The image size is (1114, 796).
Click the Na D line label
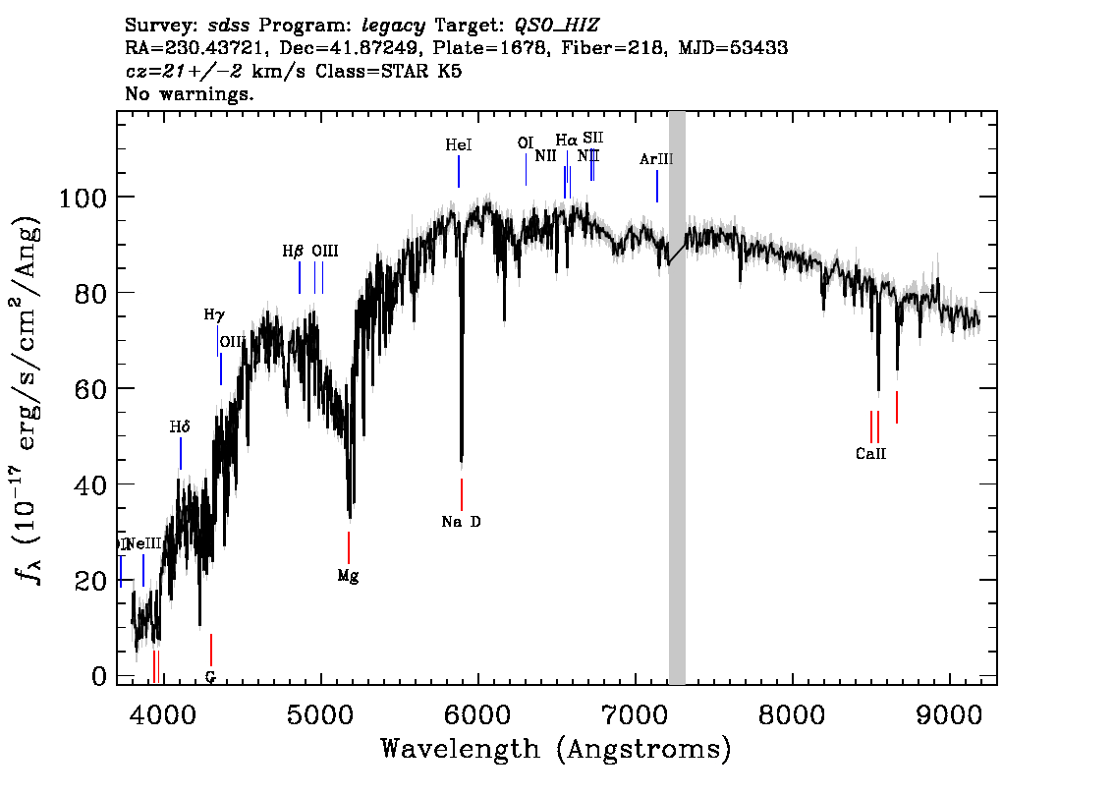[x=461, y=522]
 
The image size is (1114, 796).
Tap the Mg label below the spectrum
[x=348, y=576]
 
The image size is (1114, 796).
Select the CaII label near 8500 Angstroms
[x=870, y=454]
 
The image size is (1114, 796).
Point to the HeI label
[x=459, y=144]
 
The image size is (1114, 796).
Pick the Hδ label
[x=180, y=426]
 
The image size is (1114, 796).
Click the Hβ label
[x=293, y=252]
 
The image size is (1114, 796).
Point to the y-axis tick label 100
[x=84, y=198]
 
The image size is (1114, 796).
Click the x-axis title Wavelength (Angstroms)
[x=556, y=750]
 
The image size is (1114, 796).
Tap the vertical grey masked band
[x=677, y=393]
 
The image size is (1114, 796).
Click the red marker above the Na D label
[x=461, y=494]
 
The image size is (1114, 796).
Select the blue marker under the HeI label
[x=459, y=171]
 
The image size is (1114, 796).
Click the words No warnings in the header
[x=190, y=94]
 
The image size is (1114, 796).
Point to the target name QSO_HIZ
[x=557, y=24]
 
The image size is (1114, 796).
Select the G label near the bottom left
[x=210, y=676]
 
